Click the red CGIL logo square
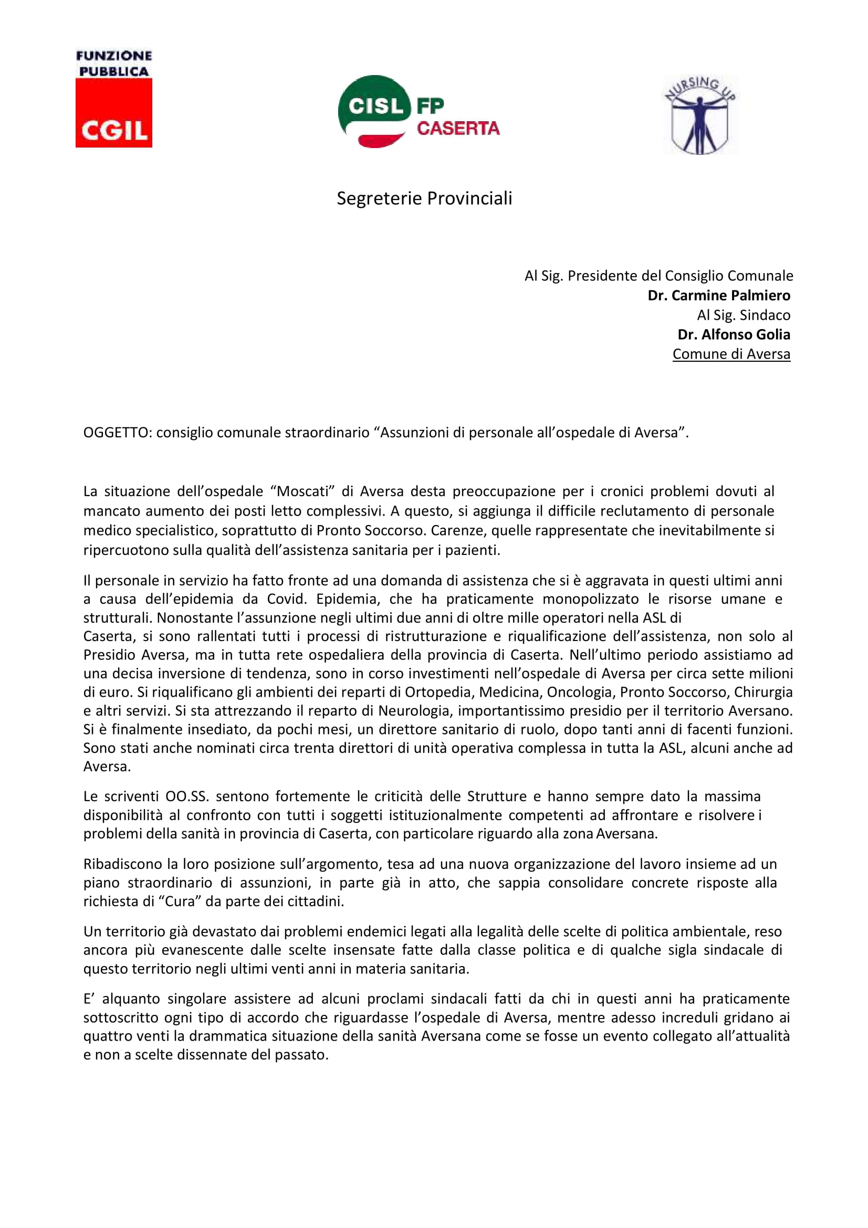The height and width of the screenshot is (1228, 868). point(113,113)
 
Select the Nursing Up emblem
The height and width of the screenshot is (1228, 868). point(700,115)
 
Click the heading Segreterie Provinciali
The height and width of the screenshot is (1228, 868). point(424,198)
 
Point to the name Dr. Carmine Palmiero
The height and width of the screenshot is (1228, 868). point(718,295)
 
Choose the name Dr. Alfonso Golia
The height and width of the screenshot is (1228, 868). point(733,334)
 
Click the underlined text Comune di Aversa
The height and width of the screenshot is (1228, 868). point(730,354)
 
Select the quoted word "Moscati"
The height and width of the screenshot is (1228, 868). point(302,491)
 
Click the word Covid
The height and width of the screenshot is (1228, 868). point(288,599)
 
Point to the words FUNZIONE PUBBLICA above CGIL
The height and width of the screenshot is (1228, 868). point(113,64)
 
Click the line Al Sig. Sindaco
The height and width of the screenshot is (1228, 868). point(743,315)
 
